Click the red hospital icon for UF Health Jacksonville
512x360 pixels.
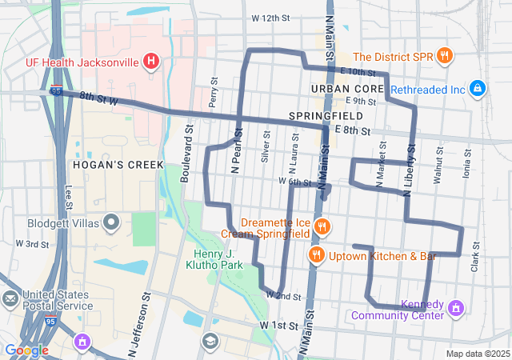[150, 60]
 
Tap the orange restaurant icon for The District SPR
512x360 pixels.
[445, 56]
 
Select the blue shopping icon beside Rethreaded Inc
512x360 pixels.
[477, 87]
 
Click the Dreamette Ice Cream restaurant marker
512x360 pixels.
[321, 226]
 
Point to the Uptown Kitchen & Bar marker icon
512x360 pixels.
[317, 255]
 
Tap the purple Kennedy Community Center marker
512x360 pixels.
[457, 307]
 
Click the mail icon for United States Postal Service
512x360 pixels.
[10, 299]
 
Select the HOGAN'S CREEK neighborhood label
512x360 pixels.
[118, 165]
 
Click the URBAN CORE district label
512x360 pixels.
[342, 88]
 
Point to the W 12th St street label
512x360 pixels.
[269, 18]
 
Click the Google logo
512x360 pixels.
[26, 350]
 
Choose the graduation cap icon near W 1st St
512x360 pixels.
[210, 342]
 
